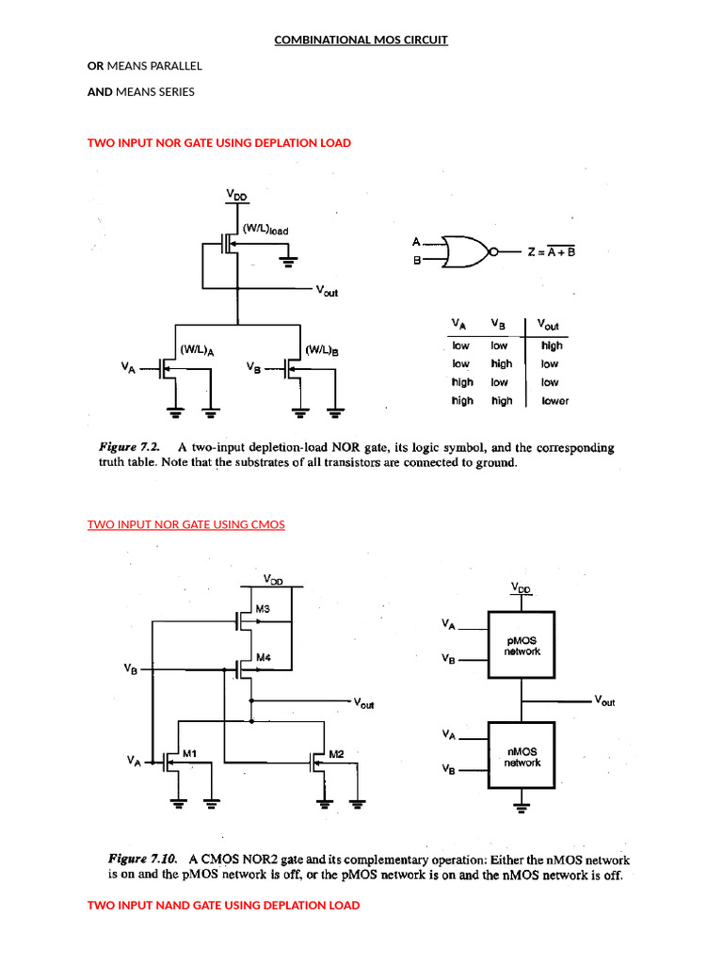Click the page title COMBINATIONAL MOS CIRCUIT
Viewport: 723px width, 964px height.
click(x=361, y=40)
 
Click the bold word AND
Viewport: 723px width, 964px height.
click(x=100, y=91)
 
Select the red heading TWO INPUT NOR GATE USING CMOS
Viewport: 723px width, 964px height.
click(x=185, y=524)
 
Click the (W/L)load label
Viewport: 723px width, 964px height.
click(x=265, y=228)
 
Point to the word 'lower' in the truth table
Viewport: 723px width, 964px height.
click(x=554, y=401)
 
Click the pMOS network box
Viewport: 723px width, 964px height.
click(x=521, y=645)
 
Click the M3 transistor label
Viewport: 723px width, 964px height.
click(x=263, y=609)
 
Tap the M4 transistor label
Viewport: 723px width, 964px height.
click(x=263, y=656)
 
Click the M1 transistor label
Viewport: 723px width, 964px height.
click(x=189, y=753)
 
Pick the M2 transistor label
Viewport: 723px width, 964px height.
click(x=337, y=754)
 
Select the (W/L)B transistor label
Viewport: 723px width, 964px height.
click(x=321, y=349)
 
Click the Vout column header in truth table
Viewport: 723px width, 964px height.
click(x=548, y=325)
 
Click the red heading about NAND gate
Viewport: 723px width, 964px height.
click(x=223, y=905)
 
